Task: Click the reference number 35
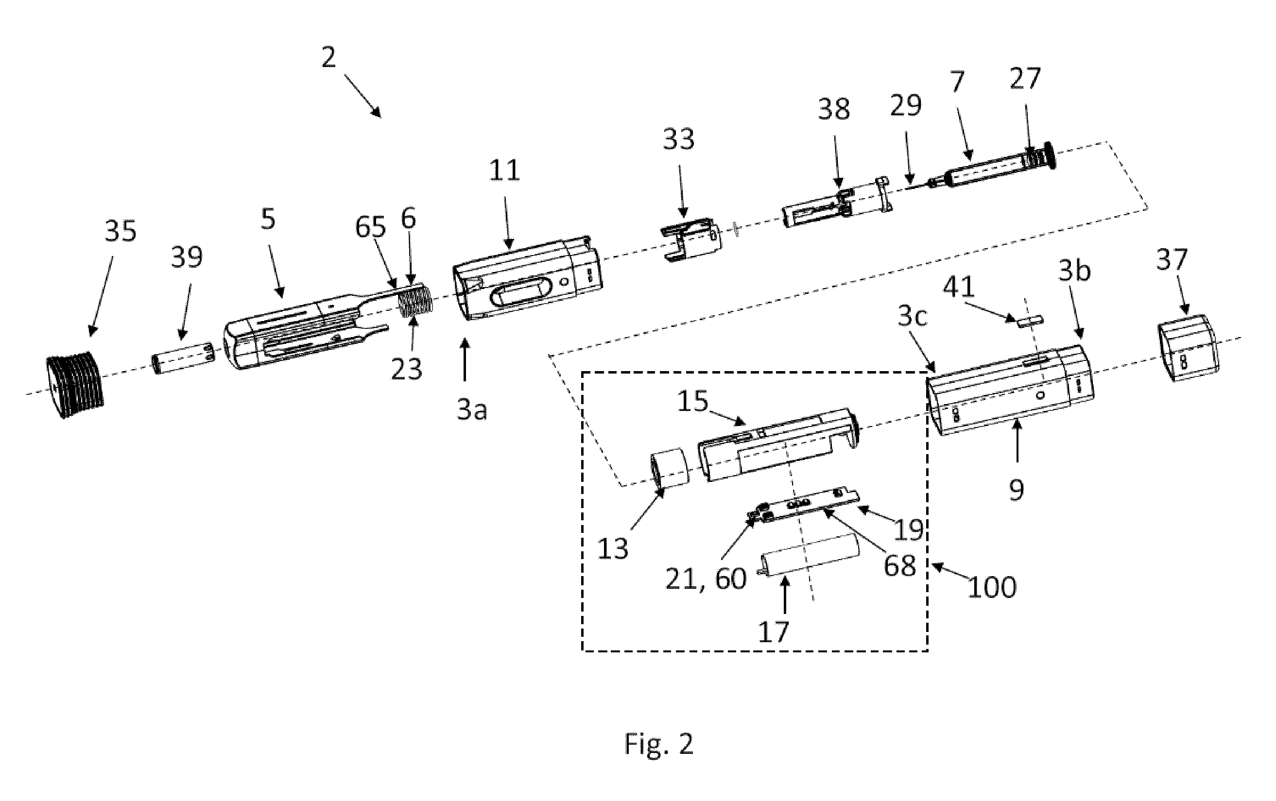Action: click(121, 232)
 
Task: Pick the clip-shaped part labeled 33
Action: click(690, 240)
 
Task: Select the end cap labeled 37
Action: click(1187, 348)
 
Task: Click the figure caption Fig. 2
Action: click(659, 744)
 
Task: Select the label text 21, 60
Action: click(706, 579)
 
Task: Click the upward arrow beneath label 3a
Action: click(465, 360)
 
